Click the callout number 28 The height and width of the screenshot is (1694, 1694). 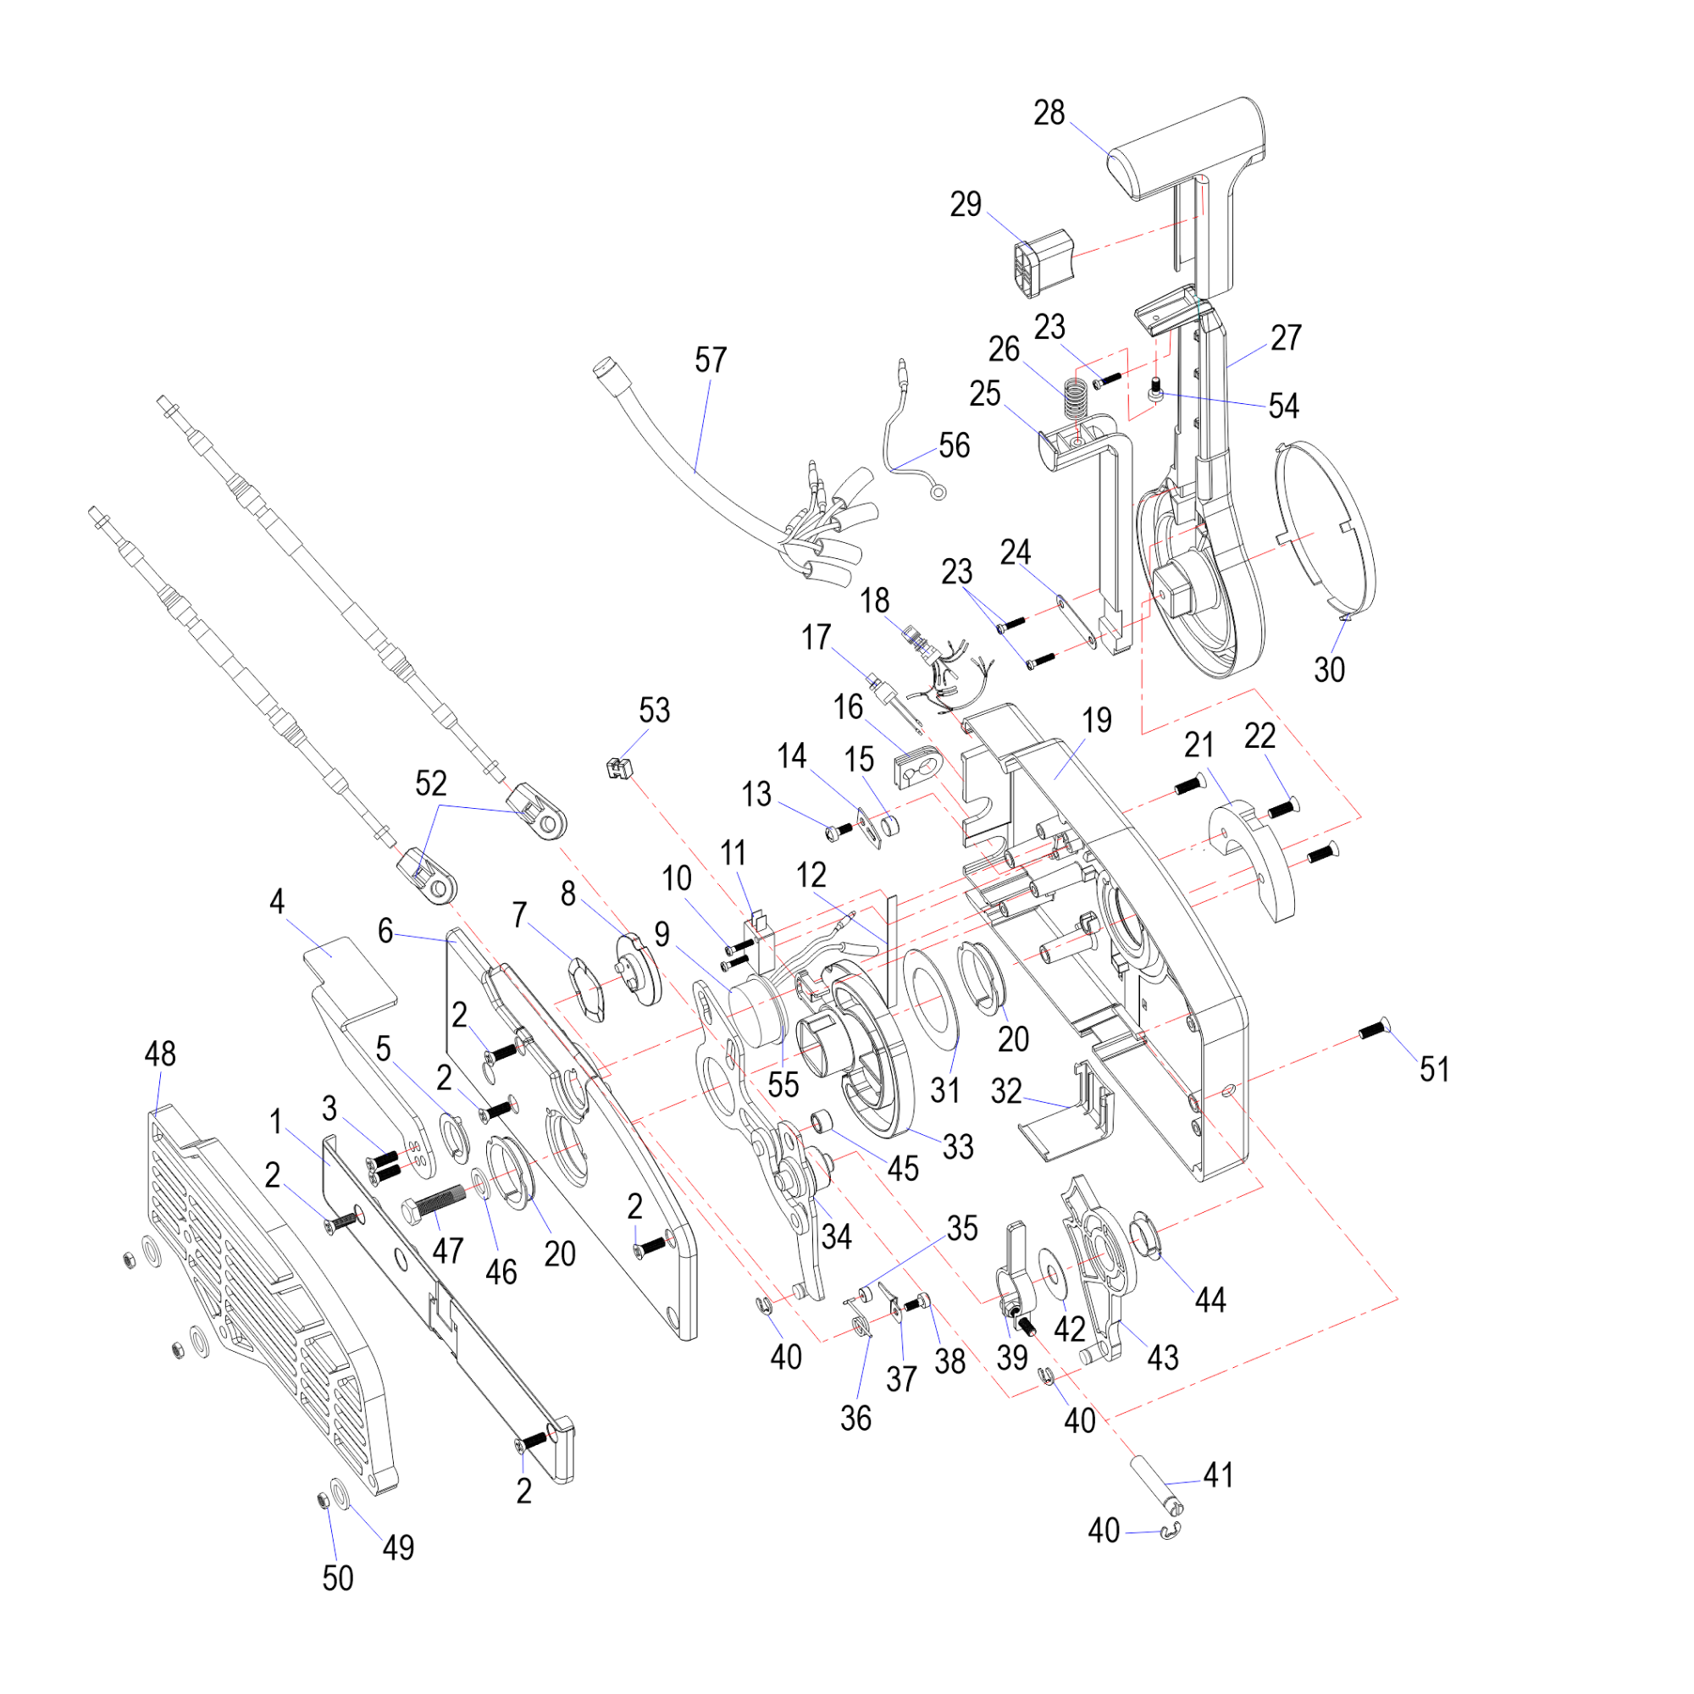[1049, 113]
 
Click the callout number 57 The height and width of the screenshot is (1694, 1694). [711, 359]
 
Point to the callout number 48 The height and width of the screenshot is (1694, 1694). [159, 1054]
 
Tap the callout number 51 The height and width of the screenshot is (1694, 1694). [1435, 1069]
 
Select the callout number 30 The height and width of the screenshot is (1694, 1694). [1329, 670]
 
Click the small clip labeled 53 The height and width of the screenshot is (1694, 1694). [619, 767]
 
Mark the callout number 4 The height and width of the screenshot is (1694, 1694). [277, 900]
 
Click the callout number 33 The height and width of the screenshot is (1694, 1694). [957, 1146]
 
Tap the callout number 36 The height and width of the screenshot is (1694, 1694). [855, 1418]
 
